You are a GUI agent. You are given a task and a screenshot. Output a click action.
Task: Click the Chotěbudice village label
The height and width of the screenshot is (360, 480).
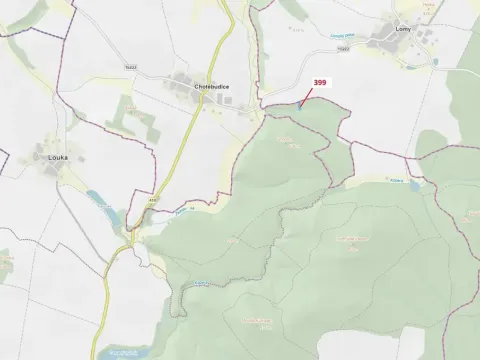coord(205,87)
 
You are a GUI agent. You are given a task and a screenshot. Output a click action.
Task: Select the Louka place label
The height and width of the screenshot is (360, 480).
coord(58,157)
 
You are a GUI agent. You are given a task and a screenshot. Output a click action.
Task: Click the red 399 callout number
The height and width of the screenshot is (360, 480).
coord(320,83)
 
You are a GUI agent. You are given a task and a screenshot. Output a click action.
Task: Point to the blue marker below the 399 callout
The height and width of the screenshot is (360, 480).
coord(297,108)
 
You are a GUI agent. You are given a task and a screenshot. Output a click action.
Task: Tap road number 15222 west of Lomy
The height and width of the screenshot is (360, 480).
coord(343,47)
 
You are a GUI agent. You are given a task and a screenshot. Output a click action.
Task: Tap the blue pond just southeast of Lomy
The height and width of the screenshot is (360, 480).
coord(411,67)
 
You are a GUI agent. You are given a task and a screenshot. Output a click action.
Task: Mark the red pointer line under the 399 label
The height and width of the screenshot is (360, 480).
coord(305,98)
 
